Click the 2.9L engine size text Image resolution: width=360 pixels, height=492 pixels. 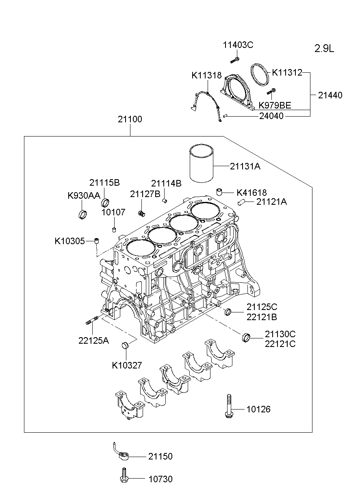[x=324, y=49]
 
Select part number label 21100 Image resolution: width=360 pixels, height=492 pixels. [x=130, y=119]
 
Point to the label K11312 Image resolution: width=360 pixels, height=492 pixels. [x=287, y=73]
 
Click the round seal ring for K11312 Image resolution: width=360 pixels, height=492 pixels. [x=260, y=74]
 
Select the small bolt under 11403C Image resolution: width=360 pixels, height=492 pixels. [x=234, y=61]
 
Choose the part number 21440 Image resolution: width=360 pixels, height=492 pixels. [x=330, y=95]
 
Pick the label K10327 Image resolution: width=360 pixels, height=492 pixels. [x=127, y=365]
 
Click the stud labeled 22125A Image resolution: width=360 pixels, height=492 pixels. [x=92, y=321]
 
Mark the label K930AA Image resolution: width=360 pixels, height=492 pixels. [x=84, y=195]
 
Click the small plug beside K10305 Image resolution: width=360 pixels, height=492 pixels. [x=97, y=241]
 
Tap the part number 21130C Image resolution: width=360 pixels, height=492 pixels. [x=280, y=334]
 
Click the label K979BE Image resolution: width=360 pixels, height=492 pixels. [x=275, y=106]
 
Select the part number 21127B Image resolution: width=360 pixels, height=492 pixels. [x=145, y=194]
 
